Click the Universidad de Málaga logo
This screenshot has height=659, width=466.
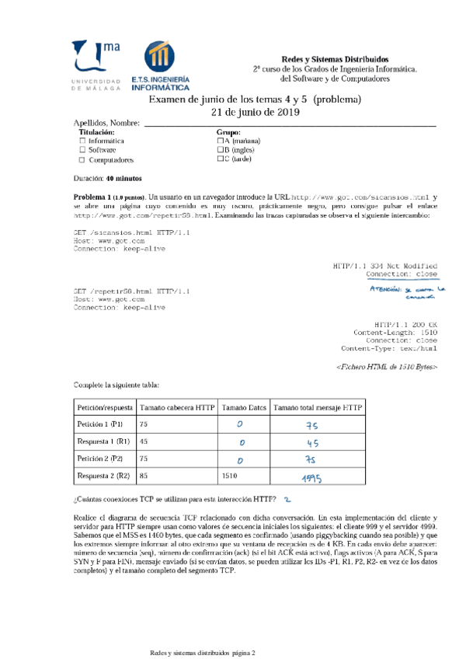point(96,65)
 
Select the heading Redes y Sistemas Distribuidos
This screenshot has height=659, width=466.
point(335,60)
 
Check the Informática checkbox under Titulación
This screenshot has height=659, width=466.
point(82,141)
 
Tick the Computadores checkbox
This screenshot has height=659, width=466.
point(82,160)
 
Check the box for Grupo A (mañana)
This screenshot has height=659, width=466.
point(221,141)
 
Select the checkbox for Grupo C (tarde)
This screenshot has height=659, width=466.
point(221,159)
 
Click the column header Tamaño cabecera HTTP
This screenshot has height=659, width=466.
point(177,407)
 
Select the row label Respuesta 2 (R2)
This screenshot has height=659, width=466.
point(100,475)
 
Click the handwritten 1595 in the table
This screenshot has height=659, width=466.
point(311,476)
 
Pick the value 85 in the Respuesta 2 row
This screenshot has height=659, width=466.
point(143,475)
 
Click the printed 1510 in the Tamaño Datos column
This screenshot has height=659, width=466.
point(230,475)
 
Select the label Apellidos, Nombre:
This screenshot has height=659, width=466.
point(106,124)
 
